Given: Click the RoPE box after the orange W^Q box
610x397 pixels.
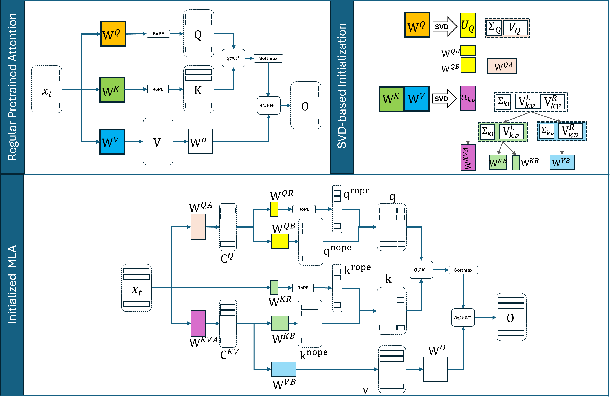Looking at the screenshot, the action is (x=158, y=34).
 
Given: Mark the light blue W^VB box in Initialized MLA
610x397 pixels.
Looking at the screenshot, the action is (x=284, y=369).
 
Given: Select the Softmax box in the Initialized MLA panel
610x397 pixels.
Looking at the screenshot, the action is (x=463, y=270).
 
